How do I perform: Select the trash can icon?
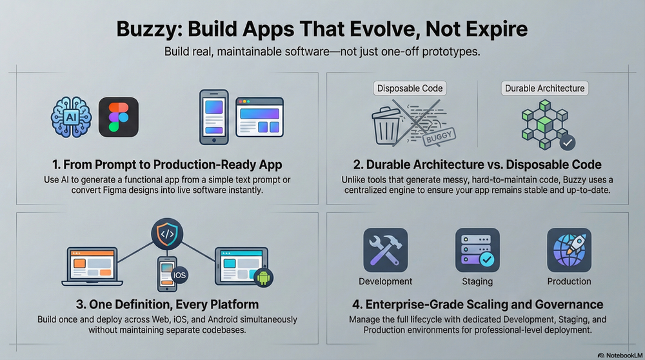[x=391, y=126]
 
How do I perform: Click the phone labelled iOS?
[x=166, y=274]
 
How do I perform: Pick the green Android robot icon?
[x=264, y=277]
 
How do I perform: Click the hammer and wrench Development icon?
[x=385, y=250]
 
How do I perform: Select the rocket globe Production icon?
[x=569, y=250]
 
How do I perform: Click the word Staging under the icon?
[x=477, y=281]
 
